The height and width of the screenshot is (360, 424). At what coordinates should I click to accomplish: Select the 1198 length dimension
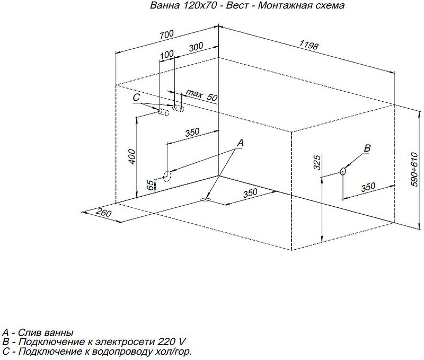[308, 45]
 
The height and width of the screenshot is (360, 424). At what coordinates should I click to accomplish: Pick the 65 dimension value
[151, 185]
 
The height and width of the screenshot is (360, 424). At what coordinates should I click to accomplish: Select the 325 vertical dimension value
[317, 162]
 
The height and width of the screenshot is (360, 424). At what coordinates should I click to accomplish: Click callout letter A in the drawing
[240, 143]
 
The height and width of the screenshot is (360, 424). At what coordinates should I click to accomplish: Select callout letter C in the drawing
[136, 98]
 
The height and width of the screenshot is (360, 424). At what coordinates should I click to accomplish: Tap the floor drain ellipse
[205, 199]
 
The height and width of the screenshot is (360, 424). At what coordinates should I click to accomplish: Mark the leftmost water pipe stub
[161, 113]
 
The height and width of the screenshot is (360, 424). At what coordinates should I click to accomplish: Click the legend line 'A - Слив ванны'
[38, 333]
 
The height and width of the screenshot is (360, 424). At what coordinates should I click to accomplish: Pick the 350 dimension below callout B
[366, 187]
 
